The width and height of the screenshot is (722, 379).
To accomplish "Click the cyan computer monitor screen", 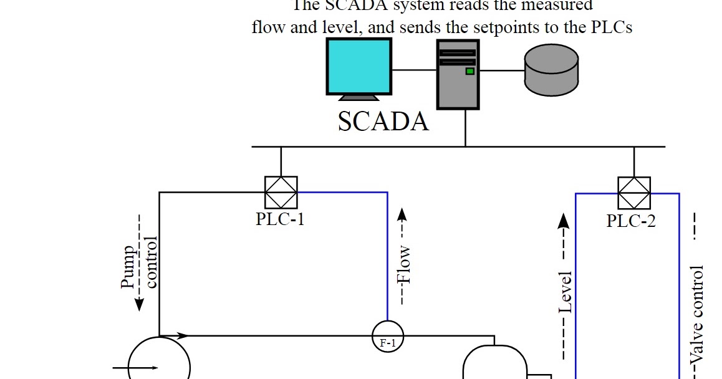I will [359, 65].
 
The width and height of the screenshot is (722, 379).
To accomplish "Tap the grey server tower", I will [458, 75].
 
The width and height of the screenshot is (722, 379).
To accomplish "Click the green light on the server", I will [469, 71].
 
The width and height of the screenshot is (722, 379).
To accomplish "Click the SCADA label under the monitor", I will [383, 122].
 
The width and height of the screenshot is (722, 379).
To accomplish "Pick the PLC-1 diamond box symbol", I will [281, 193].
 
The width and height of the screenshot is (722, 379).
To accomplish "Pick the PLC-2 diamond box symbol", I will [634, 193].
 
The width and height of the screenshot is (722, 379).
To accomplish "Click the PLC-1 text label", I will [280, 219].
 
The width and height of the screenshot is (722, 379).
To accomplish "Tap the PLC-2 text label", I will [631, 221].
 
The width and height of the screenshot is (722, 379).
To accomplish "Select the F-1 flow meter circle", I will [388, 337].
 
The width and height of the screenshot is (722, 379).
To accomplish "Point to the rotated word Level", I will [564, 292].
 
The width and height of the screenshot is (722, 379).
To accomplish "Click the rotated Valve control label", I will [697, 315].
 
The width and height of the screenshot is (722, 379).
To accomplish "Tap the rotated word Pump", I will [128, 267].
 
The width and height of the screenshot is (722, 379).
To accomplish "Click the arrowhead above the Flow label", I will [403, 214].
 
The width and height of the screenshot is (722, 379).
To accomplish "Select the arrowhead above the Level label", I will [564, 220].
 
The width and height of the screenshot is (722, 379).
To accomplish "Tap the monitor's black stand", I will [358, 98].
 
